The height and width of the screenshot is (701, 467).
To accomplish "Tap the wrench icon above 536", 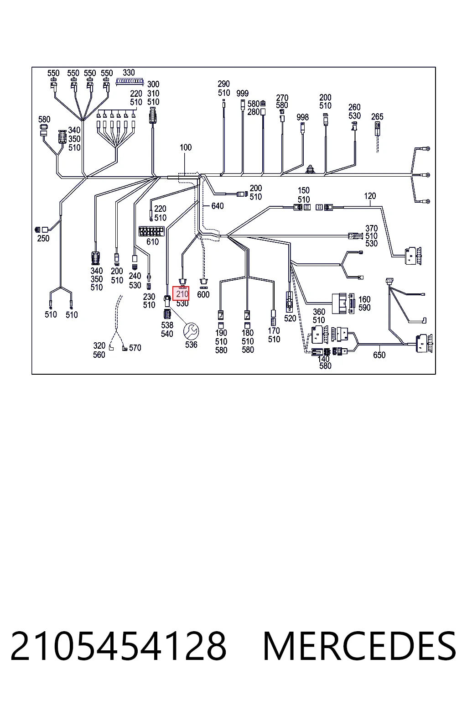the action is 191,331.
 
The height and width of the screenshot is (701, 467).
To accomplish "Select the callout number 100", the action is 186,147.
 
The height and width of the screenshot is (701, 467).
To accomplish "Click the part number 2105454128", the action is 118,646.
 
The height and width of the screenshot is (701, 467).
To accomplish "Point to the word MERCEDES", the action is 360,646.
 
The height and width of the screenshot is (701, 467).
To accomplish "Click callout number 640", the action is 218,206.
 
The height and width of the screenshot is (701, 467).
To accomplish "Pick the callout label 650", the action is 379,355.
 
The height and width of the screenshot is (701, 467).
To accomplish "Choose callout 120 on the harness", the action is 370,196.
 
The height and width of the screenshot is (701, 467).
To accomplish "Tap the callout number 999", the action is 243,93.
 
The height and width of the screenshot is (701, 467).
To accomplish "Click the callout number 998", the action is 302,117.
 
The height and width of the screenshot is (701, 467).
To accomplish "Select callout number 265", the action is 377,117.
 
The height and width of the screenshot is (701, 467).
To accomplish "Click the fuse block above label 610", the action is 151,231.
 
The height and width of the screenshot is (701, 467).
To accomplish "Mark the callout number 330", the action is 129,73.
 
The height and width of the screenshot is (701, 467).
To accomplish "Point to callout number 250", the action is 43,239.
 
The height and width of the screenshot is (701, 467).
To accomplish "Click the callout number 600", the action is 203,294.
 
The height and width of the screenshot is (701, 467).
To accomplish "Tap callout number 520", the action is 290,318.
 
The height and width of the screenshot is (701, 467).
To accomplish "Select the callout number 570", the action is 135,348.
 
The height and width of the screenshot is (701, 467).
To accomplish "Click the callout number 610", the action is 153,241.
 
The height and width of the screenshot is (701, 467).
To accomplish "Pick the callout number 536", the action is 191,345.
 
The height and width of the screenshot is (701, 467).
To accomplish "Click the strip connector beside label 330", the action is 130,82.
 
